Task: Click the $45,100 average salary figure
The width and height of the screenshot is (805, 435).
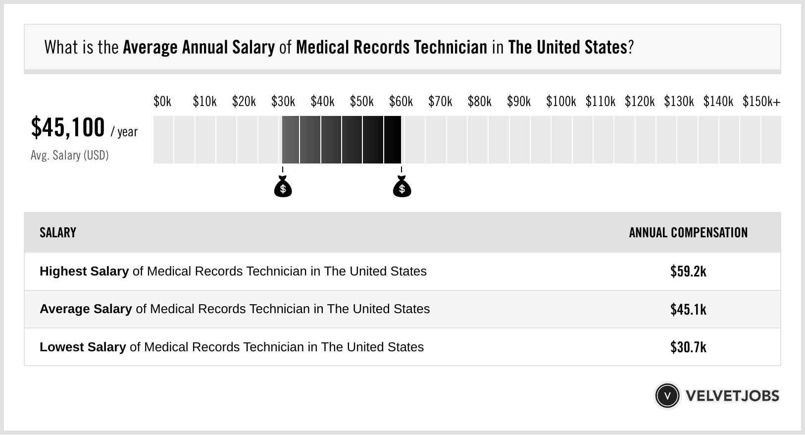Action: coord(68,127)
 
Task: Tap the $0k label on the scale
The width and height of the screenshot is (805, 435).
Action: coord(162,102)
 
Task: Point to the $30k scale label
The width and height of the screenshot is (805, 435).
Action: coord(283,102)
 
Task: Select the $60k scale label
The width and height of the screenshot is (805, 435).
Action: coord(401,102)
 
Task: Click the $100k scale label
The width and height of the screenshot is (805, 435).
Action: coord(561,102)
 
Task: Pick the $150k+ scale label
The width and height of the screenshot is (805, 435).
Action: coord(761,102)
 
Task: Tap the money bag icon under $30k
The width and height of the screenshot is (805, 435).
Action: coord(283,187)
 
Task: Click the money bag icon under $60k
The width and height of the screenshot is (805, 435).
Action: coord(402,187)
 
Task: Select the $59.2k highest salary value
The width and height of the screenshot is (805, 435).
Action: coord(688,272)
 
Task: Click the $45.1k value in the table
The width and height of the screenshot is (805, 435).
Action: coord(688,309)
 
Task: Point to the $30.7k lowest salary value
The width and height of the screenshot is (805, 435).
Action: coord(688,347)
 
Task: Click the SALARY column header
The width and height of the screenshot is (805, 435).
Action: coord(58,233)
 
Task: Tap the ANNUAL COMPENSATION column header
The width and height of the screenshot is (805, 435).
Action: coord(688,233)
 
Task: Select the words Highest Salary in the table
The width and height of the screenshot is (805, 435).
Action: coord(84,272)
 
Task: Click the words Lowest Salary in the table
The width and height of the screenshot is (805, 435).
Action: coord(83,347)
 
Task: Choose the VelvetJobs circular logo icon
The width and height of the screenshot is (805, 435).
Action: coord(667,396)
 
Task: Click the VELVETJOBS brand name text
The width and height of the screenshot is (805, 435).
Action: coord(732,396)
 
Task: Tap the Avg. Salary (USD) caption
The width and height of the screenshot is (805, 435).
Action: coord(70,156)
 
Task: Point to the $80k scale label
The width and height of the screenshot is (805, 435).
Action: coord(480,102)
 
